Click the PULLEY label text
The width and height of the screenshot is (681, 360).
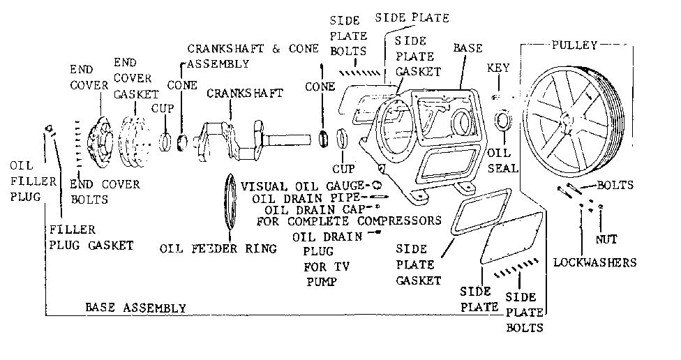pyautogui.click(x=574, y=45)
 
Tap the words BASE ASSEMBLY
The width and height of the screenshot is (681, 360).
pyautogui.click(x=135, y=307)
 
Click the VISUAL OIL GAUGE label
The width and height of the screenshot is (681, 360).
pyautogui.click(x=304, y=186)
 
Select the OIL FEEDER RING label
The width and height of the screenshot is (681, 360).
pyautogui.click(x=218, y=248)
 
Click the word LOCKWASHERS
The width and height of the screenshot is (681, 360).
pyautogui.click(x=595, y=263)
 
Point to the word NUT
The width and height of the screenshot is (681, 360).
pyautogui.click(x=606, y=239)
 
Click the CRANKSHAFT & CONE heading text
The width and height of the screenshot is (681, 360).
pyautogui.click(x=253, y=49)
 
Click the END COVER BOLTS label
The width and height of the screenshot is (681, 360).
pyautogui.click(x=105, y=192)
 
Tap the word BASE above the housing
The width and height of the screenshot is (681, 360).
pyautogui.click(x=467, y=49)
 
